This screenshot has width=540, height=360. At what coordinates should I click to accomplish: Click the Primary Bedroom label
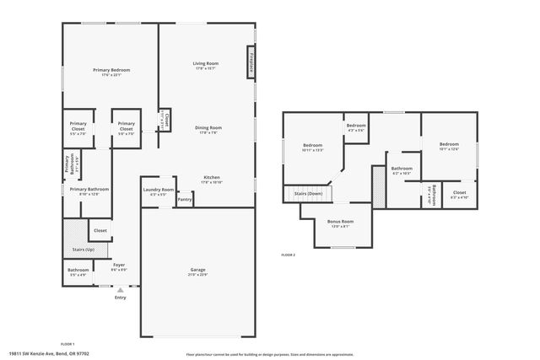click(111, 69)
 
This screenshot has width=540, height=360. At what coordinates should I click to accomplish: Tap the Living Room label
click(206, 63)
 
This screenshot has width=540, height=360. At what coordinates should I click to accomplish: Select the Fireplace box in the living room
click(251, 63)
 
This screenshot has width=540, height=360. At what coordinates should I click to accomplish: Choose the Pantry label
click(184, 200)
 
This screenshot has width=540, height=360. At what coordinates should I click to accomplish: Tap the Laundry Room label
click(158, 190)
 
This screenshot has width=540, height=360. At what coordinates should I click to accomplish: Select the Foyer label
click(119, 265)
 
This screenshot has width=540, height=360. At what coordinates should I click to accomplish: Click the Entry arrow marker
click(120, 290)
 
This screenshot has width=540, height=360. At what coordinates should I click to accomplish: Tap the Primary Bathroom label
click(89, 189)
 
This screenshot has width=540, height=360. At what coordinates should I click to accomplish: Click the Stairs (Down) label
click(308, 194)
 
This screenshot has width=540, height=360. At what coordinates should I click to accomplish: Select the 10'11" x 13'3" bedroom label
click(313, 145)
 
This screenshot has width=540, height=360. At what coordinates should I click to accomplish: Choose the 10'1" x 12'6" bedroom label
click(448, 144)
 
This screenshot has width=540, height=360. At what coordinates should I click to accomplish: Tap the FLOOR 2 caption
click(289, 254)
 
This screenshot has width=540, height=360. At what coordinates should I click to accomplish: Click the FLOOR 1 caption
click(67, 343)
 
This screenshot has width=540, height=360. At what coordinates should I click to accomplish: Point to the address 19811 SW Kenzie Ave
click(37, 354)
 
